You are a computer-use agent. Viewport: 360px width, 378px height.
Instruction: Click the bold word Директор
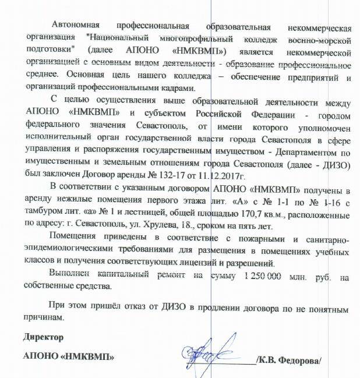pos(43,338)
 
